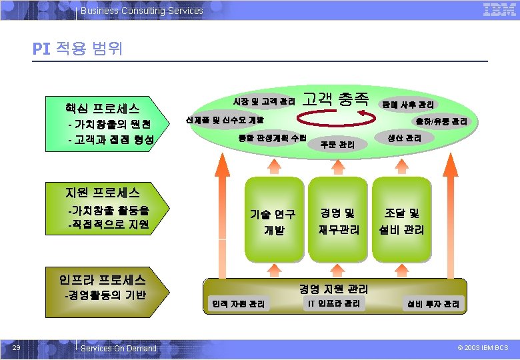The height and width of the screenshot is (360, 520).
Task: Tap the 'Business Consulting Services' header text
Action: [x=141, y=11]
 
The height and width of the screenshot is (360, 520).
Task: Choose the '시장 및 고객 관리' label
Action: [x=264, y=102]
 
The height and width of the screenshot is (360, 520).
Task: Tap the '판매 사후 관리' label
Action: [x=407, y=105]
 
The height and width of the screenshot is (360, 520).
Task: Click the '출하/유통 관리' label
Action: [x=441, y=121]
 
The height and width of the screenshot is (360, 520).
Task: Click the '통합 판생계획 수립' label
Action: [x=272, y=138]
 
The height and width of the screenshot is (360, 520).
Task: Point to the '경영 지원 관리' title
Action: [x=333, y=289]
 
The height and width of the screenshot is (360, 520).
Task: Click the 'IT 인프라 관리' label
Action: [x=334, y=304]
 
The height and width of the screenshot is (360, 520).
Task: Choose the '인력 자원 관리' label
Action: [x=238, y=304]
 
